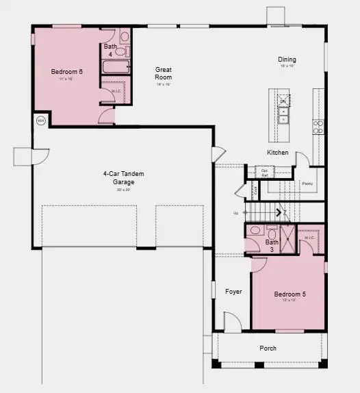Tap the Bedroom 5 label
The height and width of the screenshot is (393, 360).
290,294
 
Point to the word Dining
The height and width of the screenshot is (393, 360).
287,60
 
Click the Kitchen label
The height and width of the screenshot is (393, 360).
277,152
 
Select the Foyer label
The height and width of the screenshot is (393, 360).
233,292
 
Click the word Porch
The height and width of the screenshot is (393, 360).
268,348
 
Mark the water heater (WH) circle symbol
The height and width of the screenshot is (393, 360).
40,121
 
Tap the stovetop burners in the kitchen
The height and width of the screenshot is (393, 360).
318,127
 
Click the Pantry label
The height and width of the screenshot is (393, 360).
307,183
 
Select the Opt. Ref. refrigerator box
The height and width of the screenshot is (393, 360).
264,171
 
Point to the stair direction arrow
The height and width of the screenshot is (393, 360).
279,212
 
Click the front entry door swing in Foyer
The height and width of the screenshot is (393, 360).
231,320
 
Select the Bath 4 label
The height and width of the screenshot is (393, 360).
110,49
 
